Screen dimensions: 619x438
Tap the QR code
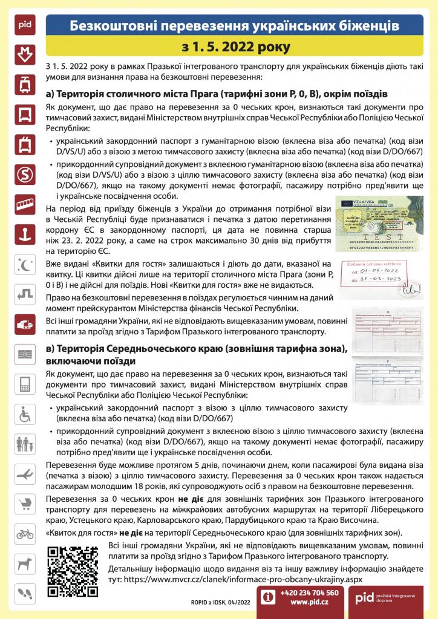[73, 571]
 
